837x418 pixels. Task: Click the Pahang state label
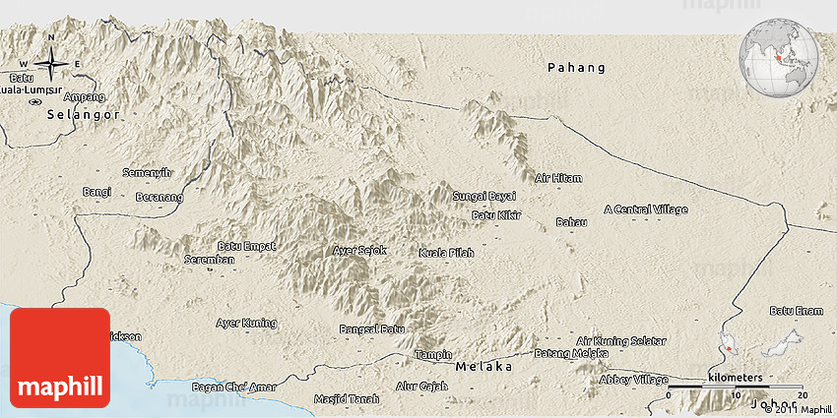coord(577,68)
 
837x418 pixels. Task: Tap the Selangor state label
coord(84,115)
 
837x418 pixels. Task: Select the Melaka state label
coord(483,366)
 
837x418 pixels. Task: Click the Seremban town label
coord(209,260)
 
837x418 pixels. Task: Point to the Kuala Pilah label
coord(446,253)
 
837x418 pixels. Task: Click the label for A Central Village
coord(646,209)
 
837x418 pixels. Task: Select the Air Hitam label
coord(558,178)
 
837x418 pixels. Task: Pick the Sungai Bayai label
coord(483,197)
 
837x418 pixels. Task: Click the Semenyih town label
coord(147,172)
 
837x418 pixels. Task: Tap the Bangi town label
coord(97,191)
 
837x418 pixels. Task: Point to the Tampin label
coord(433,354)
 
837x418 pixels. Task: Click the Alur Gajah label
coord(420,387)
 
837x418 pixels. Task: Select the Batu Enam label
coord(796,311)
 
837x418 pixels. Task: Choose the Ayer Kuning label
coord(246,323)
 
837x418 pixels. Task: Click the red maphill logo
coord(60,357)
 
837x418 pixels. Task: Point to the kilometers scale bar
coord(735,386)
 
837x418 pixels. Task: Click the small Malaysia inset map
coord(757,346)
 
